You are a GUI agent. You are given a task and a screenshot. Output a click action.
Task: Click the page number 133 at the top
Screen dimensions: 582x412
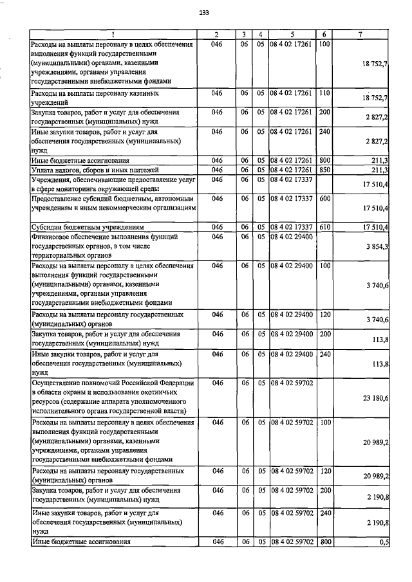coord(205,12)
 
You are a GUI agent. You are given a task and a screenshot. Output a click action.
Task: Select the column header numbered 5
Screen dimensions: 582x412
coord(292,35)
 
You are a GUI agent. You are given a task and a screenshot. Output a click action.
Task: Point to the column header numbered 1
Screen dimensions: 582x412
coord(114,35)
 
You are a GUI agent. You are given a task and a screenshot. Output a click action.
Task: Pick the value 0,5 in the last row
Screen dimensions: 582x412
coord(384,543)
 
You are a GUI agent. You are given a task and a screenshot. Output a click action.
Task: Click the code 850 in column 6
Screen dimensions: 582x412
coord(324,170)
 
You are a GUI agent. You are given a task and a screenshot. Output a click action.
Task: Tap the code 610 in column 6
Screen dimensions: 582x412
coord(324,227)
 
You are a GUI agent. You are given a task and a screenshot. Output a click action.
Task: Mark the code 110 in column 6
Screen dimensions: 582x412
coord(324,93)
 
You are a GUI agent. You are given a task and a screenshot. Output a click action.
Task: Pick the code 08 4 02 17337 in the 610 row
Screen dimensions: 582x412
coord(292,227)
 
